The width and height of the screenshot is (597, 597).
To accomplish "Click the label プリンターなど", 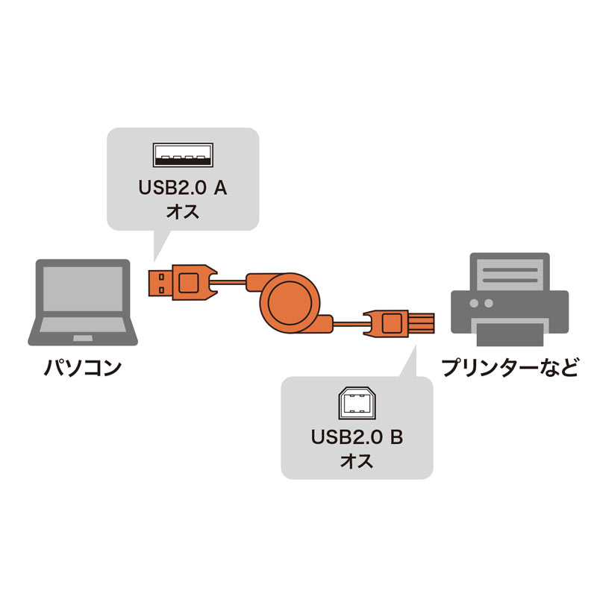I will tap(510, 368).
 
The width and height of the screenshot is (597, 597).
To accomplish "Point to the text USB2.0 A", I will tap(182, 188).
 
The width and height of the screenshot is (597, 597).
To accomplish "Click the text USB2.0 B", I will tap(357, 437).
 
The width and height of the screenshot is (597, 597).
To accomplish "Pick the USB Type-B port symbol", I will tap(357, 404).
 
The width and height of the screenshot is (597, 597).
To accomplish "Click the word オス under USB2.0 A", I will tap(182, 211).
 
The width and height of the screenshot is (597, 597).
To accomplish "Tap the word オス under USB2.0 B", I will tap(357, 460).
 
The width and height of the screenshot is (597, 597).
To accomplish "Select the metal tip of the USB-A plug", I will tap(157, 281).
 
